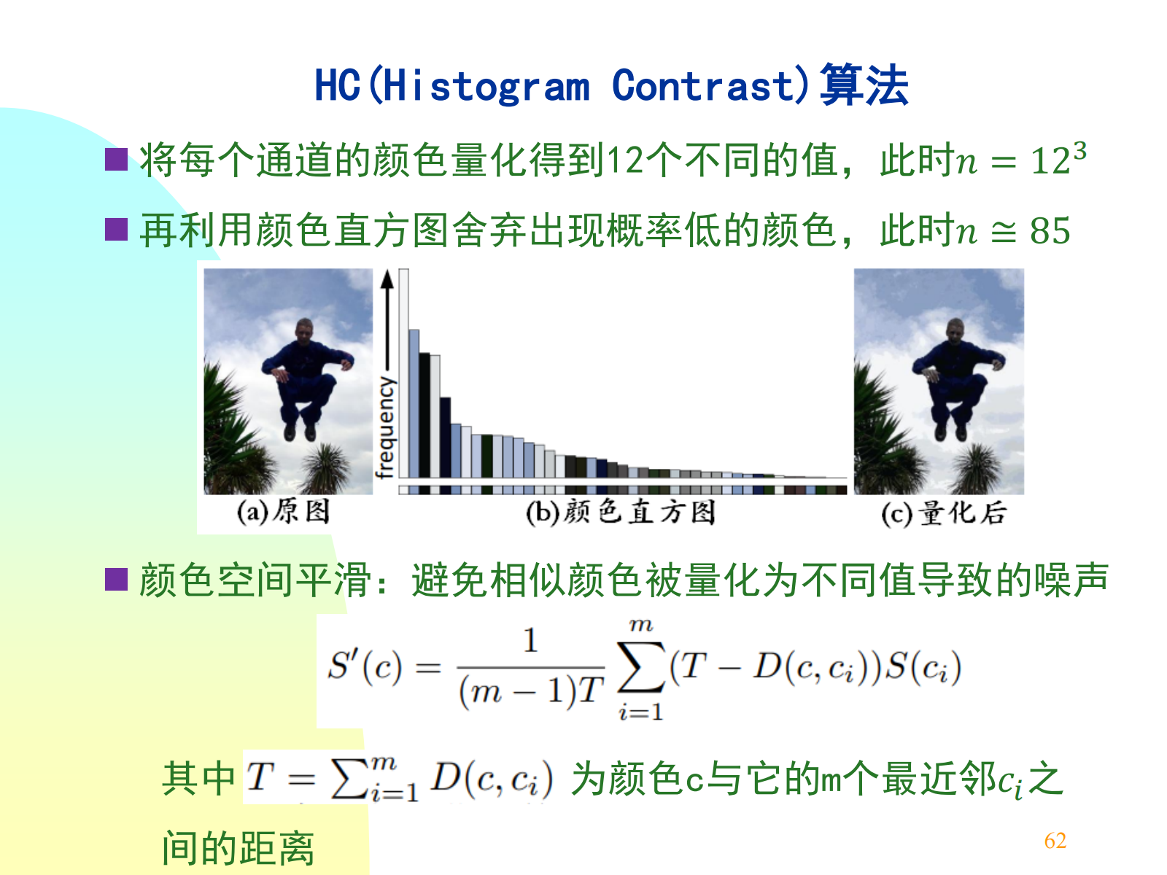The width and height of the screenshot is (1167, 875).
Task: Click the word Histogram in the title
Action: [x=486, y=85]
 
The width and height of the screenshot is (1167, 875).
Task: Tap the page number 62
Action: [x=1055, y=841]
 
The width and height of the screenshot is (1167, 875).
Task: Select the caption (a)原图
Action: [x=283, y=512]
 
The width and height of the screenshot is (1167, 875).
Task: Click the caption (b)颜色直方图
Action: [x=621, y=513]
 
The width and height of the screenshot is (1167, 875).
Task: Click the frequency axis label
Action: [x=385, y=428]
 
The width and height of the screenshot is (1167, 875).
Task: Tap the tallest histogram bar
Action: [x=403, y=373]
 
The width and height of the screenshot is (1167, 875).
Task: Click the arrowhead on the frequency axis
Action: [x=387, y=279]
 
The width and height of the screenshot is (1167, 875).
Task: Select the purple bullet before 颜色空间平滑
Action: [x=117, y=580]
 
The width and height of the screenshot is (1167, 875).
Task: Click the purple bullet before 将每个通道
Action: [x=117, y=160]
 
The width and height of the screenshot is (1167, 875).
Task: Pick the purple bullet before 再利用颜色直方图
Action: [x=117, y=230]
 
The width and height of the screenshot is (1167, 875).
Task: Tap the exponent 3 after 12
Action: [x=1079, y=151]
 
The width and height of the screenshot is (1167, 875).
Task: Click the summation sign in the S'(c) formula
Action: [x=640, y=667]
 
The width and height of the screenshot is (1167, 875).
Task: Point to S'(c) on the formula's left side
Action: [x=365, y=666]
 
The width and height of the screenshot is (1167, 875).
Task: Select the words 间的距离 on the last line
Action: [x=239, y=849]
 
